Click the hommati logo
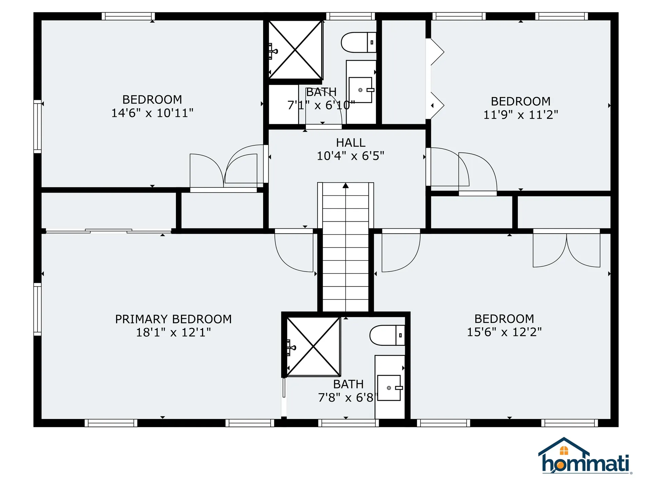585,457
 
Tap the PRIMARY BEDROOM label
173,319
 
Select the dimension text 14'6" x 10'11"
152,113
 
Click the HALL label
350,143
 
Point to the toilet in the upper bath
358,42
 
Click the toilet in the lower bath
387,335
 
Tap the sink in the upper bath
361,90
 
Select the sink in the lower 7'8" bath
389,388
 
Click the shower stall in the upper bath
295,50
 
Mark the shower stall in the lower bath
313,347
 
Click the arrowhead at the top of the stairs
346,185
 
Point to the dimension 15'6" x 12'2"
504,332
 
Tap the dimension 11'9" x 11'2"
520,115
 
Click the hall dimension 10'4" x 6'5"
350,156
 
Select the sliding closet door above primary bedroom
108,231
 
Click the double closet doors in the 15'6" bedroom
566,250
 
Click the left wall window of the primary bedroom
37,309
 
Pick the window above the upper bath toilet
350,16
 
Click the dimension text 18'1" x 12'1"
173,332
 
